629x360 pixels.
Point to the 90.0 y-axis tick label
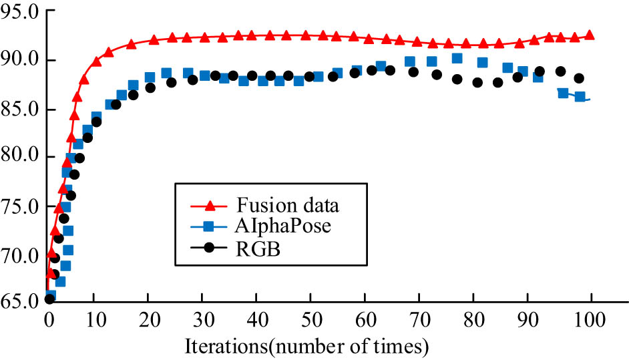tap(20, 61)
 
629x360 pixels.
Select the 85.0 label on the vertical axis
tap(20, 110)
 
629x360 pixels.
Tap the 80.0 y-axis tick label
tap(20, 158)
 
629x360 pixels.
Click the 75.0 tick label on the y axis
tap(20, 206)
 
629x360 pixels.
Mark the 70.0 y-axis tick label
tap(20, 256)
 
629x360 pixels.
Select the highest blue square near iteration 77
tap(457, 59)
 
